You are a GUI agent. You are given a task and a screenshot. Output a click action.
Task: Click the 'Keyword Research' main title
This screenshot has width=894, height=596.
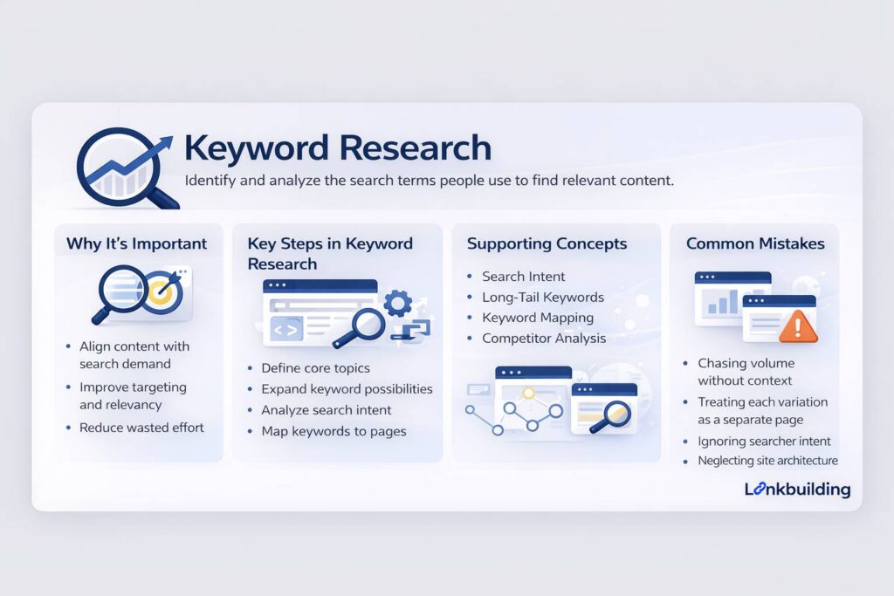click(338, 147)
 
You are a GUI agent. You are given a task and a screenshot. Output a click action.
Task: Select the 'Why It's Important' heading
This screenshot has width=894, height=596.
click(136, 243)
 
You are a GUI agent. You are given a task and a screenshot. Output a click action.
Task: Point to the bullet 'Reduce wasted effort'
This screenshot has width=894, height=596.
click(141, 428)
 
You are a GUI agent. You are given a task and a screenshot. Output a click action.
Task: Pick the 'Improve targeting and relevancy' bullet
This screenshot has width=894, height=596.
click(133, 395)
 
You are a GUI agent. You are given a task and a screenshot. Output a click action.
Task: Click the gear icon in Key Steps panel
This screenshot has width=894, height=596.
click(398, 303)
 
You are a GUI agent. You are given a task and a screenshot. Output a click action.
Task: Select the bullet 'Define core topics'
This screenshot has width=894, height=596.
click(315, 367)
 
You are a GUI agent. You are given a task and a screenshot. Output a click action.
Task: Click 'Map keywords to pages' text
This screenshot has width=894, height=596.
click(334, 431)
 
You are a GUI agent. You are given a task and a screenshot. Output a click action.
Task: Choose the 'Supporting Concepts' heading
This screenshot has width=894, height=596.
click(547, 243)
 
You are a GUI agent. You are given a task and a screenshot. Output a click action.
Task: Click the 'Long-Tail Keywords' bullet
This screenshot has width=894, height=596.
click(542, 297)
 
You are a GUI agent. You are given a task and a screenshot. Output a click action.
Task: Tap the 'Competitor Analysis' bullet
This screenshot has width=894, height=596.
click(544, 338)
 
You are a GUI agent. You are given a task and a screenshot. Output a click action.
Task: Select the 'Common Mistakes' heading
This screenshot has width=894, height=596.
click(755, 243)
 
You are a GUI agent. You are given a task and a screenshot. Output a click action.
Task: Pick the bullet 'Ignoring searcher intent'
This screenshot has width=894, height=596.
click(764, 441)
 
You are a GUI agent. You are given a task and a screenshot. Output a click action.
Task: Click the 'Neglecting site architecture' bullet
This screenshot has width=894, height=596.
click(767, 461)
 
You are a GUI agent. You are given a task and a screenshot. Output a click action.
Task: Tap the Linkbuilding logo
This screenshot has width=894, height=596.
click(797, 490)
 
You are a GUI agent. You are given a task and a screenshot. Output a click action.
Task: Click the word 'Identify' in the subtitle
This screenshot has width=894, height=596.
click(210, 182)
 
